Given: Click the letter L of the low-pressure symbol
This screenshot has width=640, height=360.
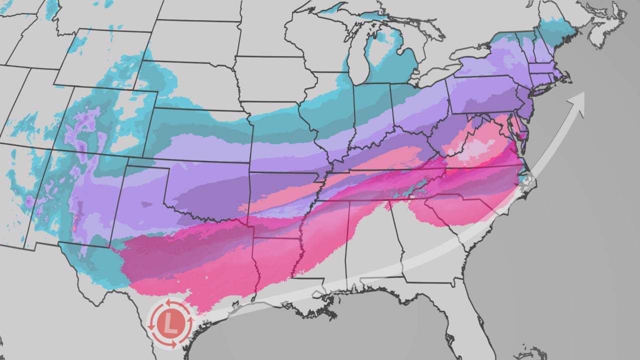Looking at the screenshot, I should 171,323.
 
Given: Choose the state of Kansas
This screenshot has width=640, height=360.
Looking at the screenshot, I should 200,137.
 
